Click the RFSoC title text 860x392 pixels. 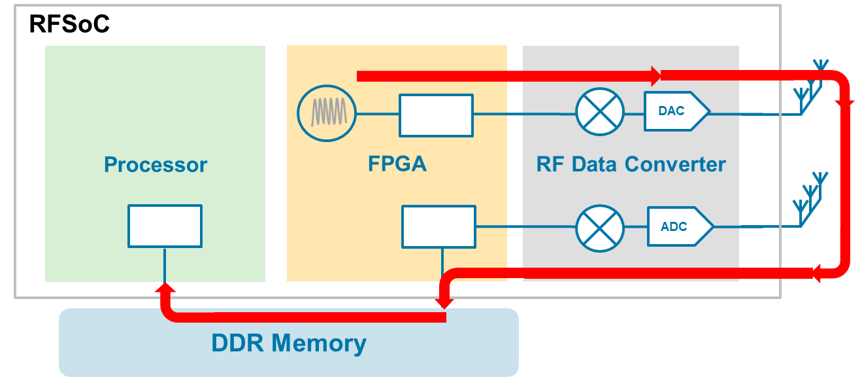tap(69, 25)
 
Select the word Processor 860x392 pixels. tap(156, 164)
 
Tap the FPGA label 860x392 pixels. tap(397, 163)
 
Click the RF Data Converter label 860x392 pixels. tap(631, 164)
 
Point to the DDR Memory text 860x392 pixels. tap(288, 342)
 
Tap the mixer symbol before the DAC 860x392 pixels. tap(600, 112)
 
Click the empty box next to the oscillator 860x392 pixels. tap(436, 115)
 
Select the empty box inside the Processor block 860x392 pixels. tap(165, 226)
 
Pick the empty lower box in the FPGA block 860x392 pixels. tap(438, 226)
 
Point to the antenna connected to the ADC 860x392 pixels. tap(810, 202)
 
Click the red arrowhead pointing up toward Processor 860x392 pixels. tap(165, 289)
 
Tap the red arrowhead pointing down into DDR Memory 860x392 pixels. tap(445, 302)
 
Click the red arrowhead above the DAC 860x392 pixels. tap(654, 77)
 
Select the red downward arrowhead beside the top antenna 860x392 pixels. tap(846, 101)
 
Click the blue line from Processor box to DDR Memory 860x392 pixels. tap(165, 264)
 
